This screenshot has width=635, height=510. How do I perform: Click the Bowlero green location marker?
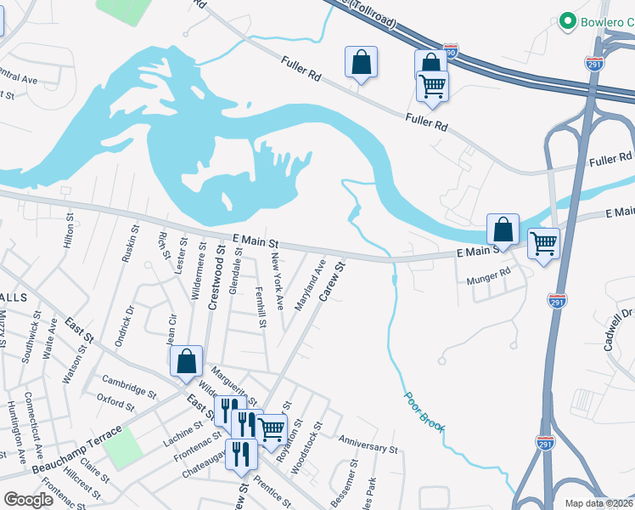pos(566,20)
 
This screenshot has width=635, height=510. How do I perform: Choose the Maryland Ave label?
pos(308,286)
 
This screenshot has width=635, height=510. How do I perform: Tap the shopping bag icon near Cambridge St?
pos(186,361)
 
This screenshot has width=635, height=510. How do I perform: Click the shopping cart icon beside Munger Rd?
pos(543,244)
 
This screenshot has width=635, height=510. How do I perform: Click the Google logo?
pos(28,499)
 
